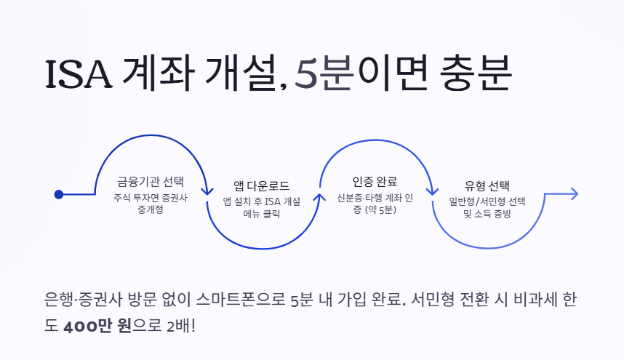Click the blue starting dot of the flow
59,194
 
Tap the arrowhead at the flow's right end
574,193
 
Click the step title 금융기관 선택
151,182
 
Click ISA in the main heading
79,74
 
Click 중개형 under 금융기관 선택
151,211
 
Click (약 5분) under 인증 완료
381,211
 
